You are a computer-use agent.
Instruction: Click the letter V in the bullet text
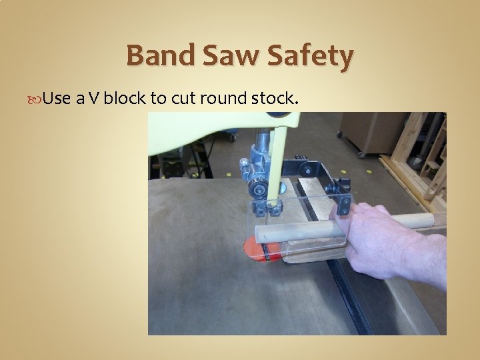(94, 99)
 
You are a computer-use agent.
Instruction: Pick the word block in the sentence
(125, 99)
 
